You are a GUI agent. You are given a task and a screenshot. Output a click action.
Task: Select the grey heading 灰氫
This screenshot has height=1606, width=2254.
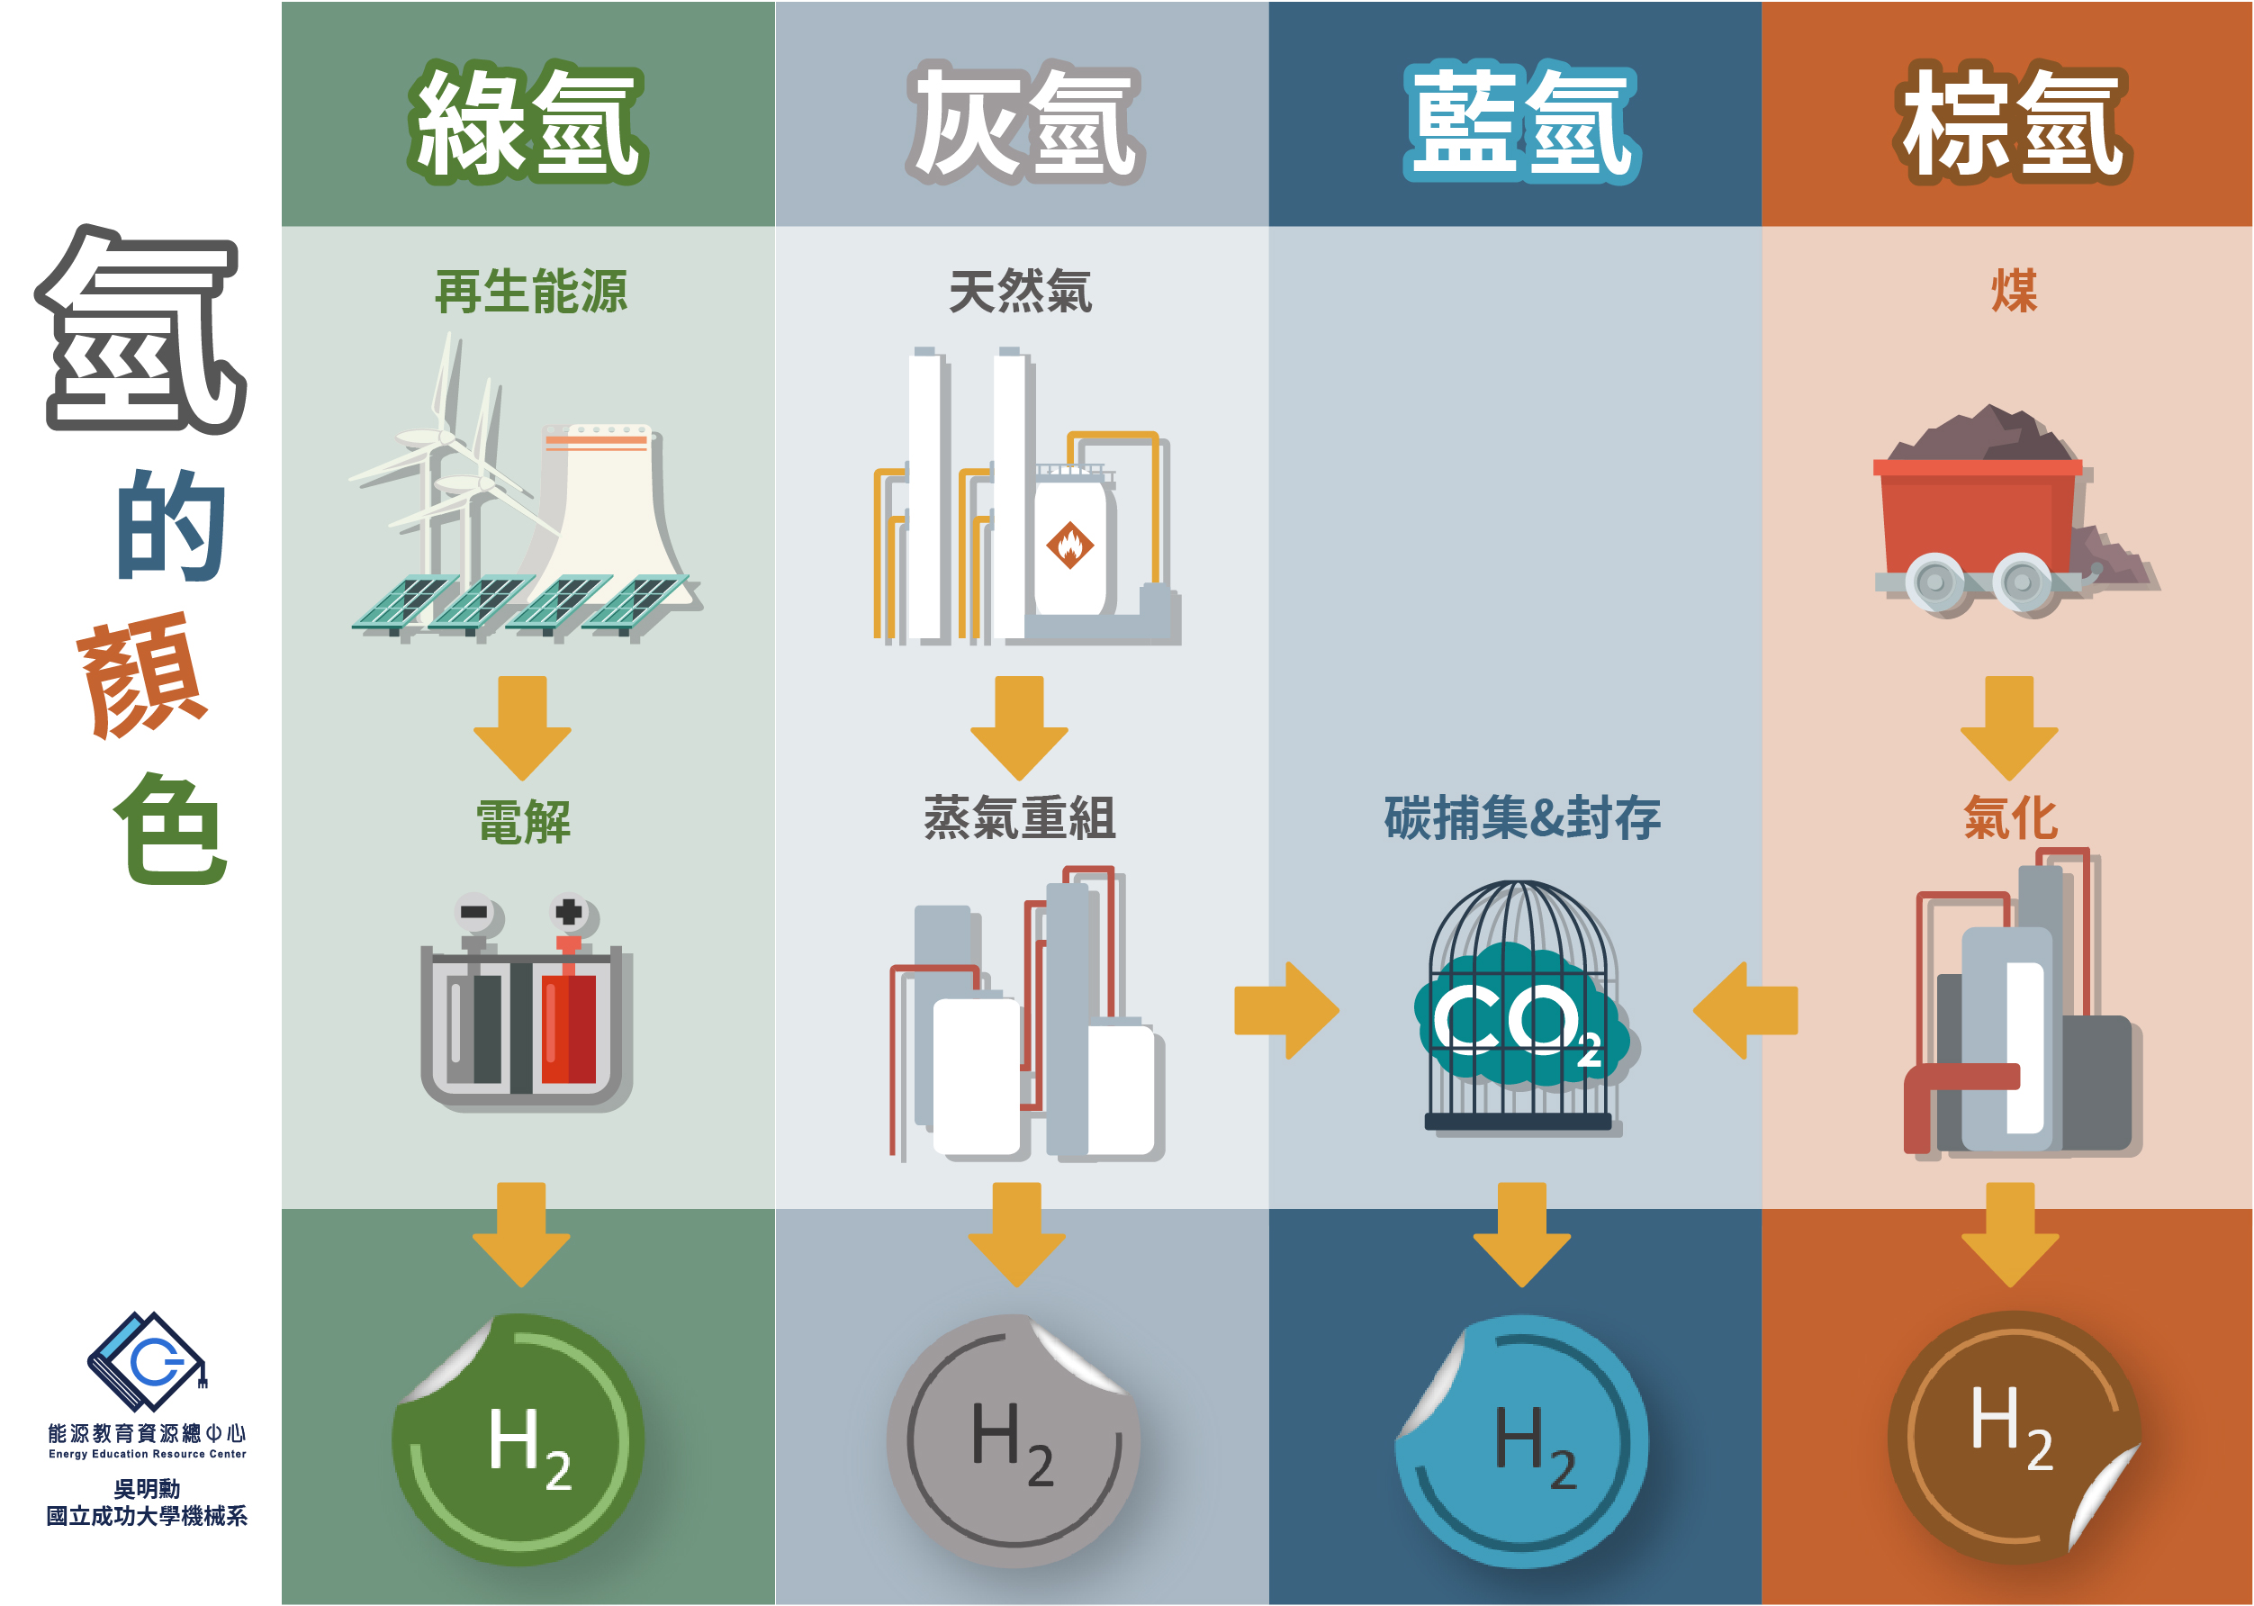point(1024,122)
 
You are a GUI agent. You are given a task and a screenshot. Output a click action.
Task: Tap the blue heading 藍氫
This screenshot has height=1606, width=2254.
point(1521,122)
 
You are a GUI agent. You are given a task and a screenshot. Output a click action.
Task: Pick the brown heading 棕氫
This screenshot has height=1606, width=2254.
point(2012,122)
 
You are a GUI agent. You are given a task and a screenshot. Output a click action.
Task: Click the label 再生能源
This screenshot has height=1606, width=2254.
point(531,291)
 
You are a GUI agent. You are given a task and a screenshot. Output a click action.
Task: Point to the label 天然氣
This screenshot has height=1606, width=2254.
point(1020,291)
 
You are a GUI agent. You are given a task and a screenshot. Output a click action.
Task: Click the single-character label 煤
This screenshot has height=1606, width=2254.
point(2014,291)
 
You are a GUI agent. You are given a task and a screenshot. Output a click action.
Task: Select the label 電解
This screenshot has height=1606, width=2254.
point(523,821)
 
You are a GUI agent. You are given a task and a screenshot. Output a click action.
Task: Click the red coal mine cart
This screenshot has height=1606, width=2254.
point(1977,534)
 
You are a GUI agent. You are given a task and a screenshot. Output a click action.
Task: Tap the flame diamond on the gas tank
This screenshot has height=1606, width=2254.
point(1069,545)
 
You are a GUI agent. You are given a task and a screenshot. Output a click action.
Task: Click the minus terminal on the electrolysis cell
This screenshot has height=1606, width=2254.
point(475,913)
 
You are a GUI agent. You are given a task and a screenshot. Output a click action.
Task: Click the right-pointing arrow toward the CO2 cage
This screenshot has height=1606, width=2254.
point(1287,1011)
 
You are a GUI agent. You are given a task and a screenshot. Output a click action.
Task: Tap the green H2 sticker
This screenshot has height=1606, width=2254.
point(520,1439)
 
